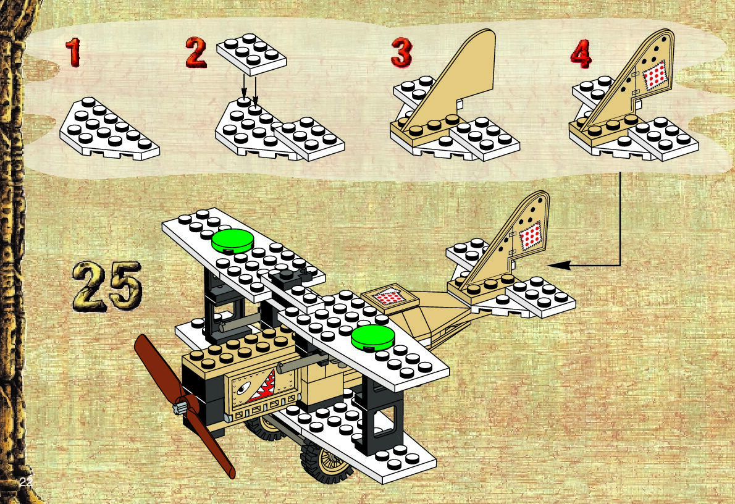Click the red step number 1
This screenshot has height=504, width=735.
click(x=73, y=53)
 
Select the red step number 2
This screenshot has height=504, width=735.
click(x=196, y=53)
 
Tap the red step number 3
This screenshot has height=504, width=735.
click(x=401, y=53)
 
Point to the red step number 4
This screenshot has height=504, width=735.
click(x=581, y=55)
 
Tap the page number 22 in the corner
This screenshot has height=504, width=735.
click(x=25, y=481)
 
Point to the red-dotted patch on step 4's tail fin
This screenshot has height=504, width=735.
click(x=655, y=77)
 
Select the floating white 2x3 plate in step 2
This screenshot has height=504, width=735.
click(x=251, y=54)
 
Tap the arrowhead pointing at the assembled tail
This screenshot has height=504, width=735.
click(x=552, y=266)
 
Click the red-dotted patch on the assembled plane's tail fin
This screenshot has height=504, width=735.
click(x=530, y=237)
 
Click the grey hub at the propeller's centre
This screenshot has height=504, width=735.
click(x=181, y=407)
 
